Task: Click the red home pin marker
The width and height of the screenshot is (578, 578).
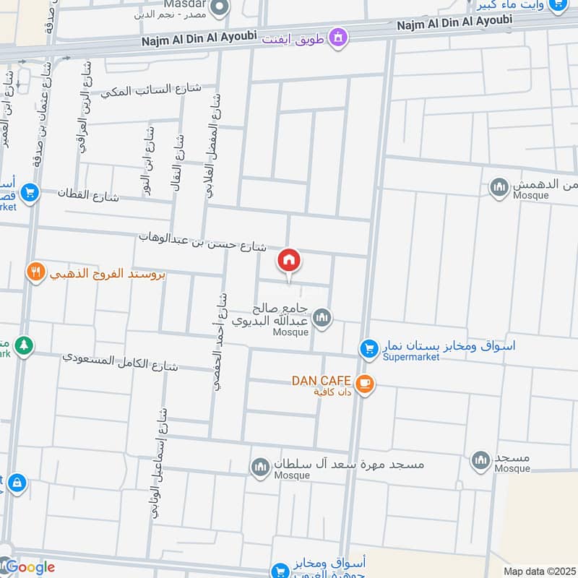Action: click(289, 260)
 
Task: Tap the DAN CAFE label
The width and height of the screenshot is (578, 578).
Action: click(321, 380)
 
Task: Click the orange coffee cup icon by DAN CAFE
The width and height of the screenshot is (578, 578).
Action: click(365, 383)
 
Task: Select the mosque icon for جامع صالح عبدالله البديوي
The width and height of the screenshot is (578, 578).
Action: click(322, 316)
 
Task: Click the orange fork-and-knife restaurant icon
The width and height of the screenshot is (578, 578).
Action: click(35, 272)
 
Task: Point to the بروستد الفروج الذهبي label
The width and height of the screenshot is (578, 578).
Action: click(107, 274)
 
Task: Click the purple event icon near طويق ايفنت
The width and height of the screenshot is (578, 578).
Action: click(337, 35)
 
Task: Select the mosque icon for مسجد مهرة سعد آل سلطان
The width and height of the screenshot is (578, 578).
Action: click(260, 467)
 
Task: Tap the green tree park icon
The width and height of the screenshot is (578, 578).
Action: click(25, 346)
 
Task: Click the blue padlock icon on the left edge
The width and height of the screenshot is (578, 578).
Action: click(17, 482)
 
